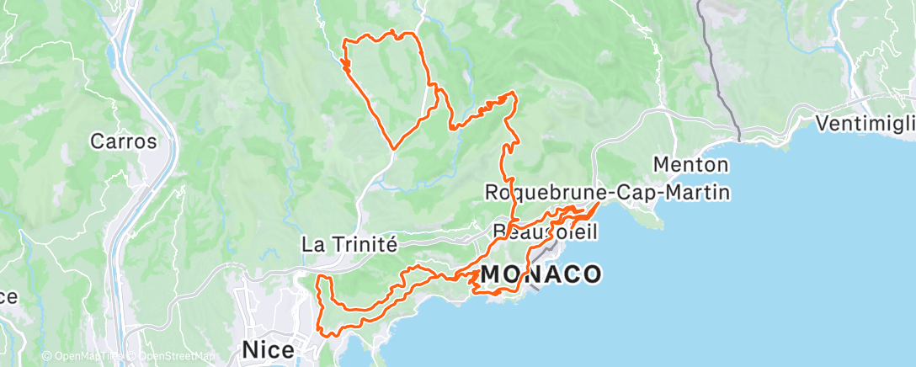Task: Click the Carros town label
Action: tap(125, 141)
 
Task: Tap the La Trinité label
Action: tap(349, 244)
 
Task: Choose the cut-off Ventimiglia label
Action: tap(866, 124)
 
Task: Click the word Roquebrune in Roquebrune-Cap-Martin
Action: tap(543, 193)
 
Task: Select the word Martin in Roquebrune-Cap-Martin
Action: tap(698, 193)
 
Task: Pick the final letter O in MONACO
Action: tap(591, 274)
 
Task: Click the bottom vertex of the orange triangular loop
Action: tap(394, 149)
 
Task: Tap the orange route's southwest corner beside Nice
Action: tap(319, 331)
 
